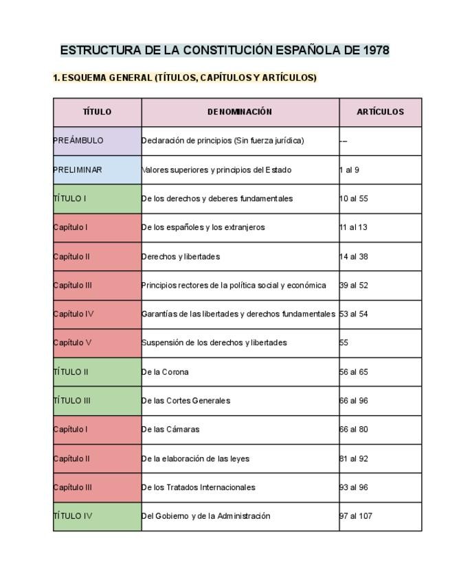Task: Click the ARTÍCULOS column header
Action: coord(380,112)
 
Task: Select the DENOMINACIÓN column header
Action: coord(240,112)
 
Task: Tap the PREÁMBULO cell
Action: coord(78,141)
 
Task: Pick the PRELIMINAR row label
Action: coord(78,170)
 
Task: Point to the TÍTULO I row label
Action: coord(70,198)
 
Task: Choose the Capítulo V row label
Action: coord(72,342)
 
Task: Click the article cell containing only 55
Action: coord(344,342)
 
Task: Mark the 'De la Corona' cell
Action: coord(166,372)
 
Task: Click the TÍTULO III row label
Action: coord(72,401)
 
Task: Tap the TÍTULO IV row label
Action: coord(73,516)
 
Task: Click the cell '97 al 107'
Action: coord(356,516)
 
